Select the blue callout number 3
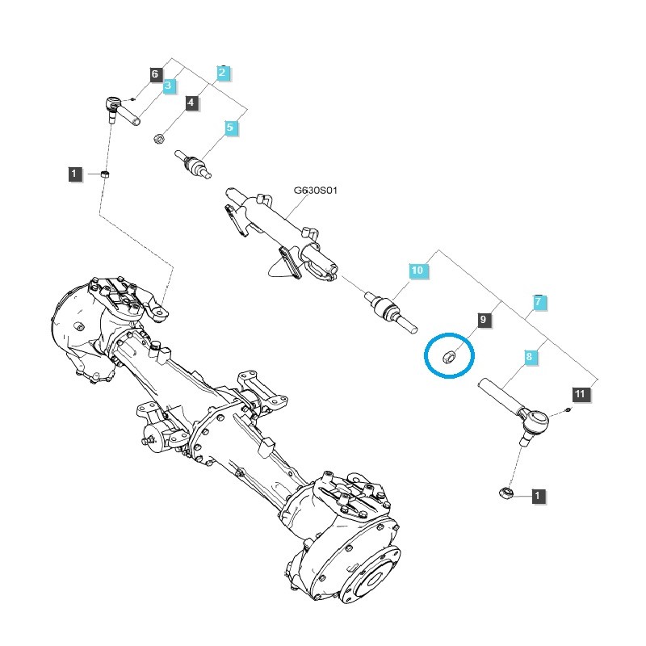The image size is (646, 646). coord(169,86)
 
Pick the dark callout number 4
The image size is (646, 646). coord(191,103)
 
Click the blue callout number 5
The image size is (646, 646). coord(230,128)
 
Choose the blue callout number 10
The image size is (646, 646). coord(417,271)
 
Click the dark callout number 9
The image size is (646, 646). coord(483,321)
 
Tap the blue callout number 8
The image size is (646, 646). coord(530,356)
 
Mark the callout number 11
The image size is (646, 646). coord(581,394)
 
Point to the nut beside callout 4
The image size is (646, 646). coord(160,139)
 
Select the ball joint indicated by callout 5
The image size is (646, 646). coord(195,166)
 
